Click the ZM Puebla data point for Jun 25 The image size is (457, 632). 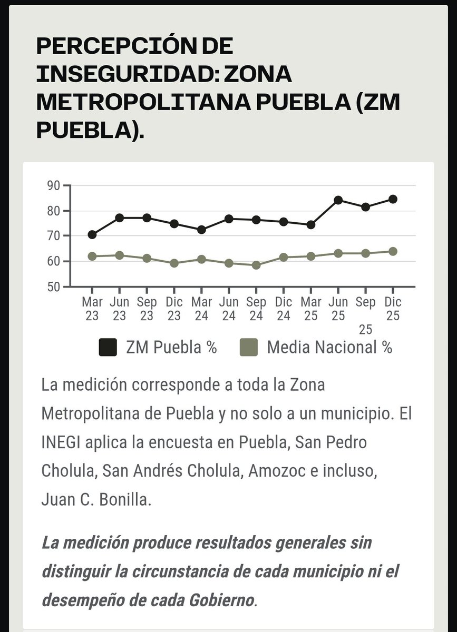[x=338, y=200]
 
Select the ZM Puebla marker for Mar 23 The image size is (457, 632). [x=92, y=234]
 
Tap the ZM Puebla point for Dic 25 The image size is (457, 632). [x=393, y=199]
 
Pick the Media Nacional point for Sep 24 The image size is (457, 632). [x=256, y=265]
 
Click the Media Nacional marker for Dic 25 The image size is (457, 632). [x=393, y=251]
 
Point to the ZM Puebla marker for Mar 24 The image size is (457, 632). [x=201, y=230]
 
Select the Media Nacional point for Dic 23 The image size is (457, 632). [x=174, y=263]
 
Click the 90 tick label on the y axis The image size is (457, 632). [x=53, y=186]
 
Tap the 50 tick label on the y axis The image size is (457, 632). [x=53, y=287]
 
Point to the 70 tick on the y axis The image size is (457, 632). [x=53, y=236]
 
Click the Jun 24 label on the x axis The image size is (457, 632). [x=229, y=309]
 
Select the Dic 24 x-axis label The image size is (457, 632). [x=284, y=309]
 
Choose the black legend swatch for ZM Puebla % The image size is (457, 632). [x=108, y=348]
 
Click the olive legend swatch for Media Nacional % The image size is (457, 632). [x=248, y=348]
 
